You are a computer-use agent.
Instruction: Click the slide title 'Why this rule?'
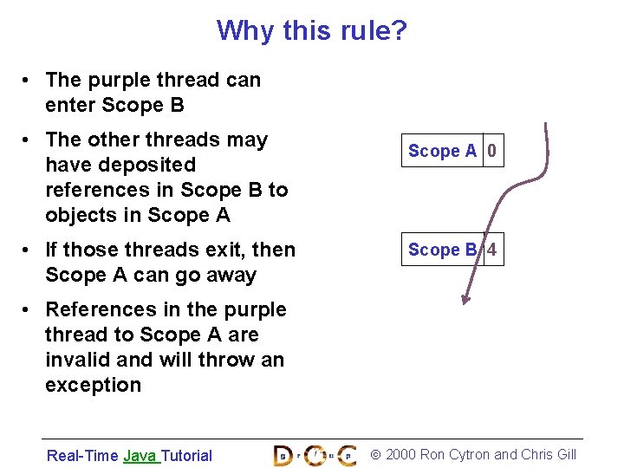point(311,31)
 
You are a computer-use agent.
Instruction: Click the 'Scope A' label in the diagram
point(442,151)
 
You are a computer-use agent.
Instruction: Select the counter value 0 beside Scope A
point(492,151)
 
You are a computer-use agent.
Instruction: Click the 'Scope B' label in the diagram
point(442,250)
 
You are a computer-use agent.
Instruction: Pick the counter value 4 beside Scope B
point(492,250)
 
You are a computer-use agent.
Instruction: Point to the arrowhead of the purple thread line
point(465,300)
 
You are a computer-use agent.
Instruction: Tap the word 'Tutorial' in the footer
point(186,455)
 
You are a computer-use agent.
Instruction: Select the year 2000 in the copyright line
point(400,454)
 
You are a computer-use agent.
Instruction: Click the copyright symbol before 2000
point(375,454)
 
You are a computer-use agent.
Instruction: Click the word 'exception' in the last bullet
point(93,385)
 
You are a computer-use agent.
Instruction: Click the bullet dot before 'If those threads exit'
point(29,250)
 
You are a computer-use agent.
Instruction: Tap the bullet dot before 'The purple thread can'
point(29,81)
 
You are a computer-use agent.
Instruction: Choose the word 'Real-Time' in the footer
point(82,455)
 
